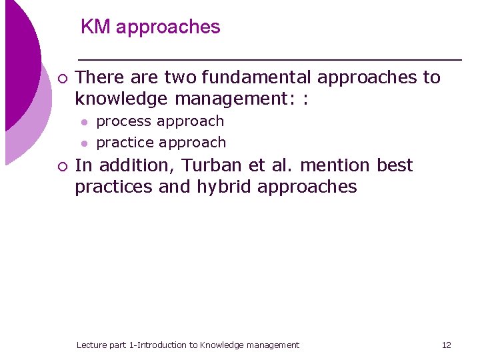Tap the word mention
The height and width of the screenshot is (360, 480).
pyautogui.click(x=336, y=165)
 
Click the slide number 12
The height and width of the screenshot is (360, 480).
pyautogui.click(x=446, y=345)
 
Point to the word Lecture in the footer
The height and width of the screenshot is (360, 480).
pyautogui.click(x=92, y=345)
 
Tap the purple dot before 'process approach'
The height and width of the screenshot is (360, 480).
pyautogui.click(x=84, y=122)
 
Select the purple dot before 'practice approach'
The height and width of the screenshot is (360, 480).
pyautogui.click(x=84, y=143)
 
